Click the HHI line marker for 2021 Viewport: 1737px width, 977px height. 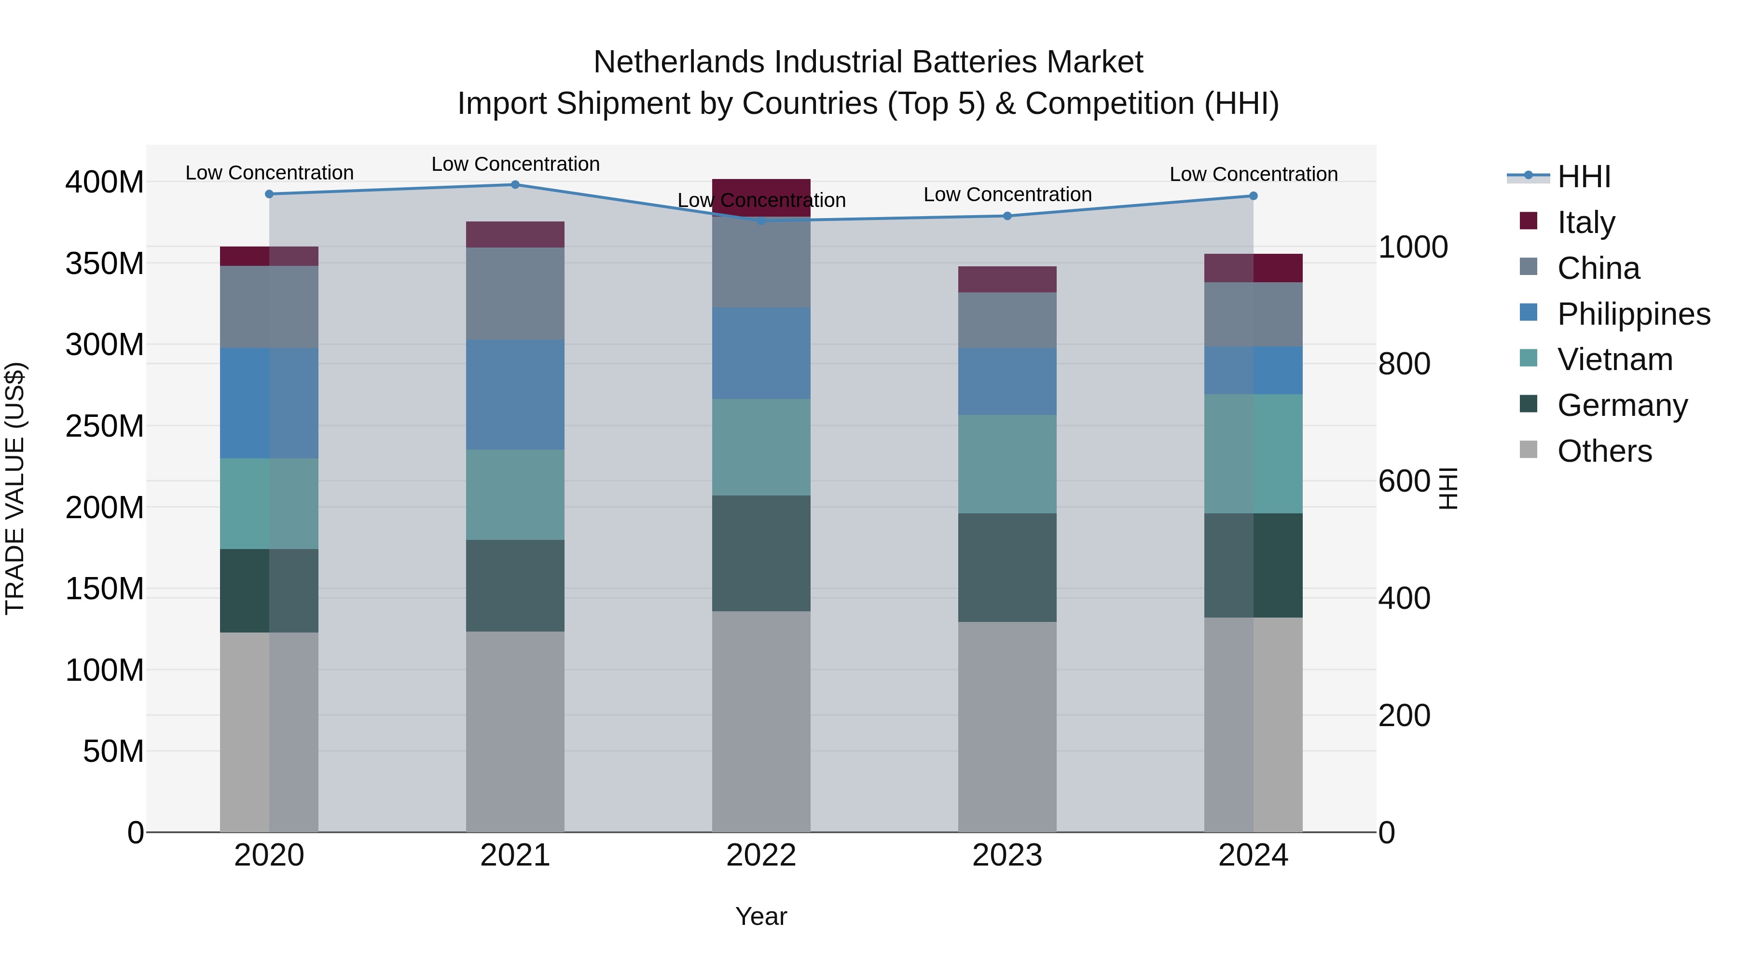(515, 185)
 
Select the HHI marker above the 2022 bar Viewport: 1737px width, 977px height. (761, 220)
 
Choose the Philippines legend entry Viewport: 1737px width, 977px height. (1632, 314)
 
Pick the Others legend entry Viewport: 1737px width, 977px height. (1603, 451)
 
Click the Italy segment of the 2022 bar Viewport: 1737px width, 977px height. (761, 195)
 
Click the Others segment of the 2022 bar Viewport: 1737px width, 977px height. (761, 721)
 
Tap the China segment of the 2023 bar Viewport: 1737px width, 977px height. (1007, 320)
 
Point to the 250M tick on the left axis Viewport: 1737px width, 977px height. (105, 426)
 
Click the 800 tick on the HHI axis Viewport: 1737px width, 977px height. (1404, 364)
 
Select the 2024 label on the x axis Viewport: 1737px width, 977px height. (1253, 855)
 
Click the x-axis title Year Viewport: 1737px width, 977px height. (761, 916)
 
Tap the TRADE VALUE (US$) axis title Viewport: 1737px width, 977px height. (15, 488)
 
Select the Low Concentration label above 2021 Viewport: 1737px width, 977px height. (515, 164)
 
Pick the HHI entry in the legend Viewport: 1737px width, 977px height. (1583, 177)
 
